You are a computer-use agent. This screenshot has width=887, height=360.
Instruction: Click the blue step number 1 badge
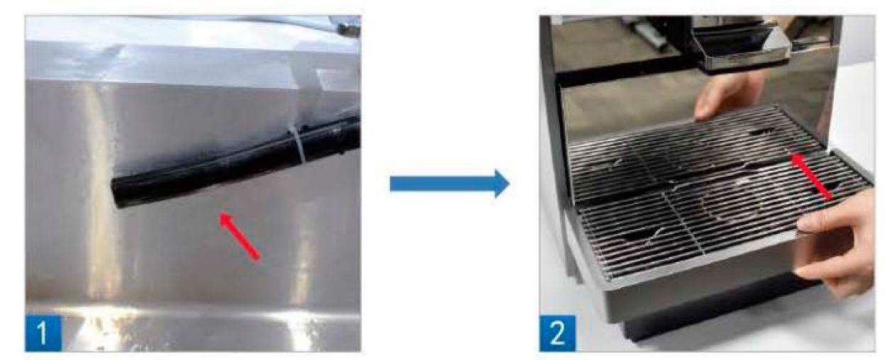coord(43,333)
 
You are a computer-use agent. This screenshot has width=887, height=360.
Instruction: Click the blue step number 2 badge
coord(557,333)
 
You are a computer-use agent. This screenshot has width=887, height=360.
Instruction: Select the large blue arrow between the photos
coord(450,184)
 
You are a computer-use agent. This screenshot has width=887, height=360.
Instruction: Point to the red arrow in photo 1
coord(240,236)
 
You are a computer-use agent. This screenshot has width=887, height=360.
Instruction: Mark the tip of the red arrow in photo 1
coord(221,213)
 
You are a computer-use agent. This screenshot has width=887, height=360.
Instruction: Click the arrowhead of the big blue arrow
coord(502,184)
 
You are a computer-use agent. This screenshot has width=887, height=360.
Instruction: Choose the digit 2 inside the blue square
coord(557,333)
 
